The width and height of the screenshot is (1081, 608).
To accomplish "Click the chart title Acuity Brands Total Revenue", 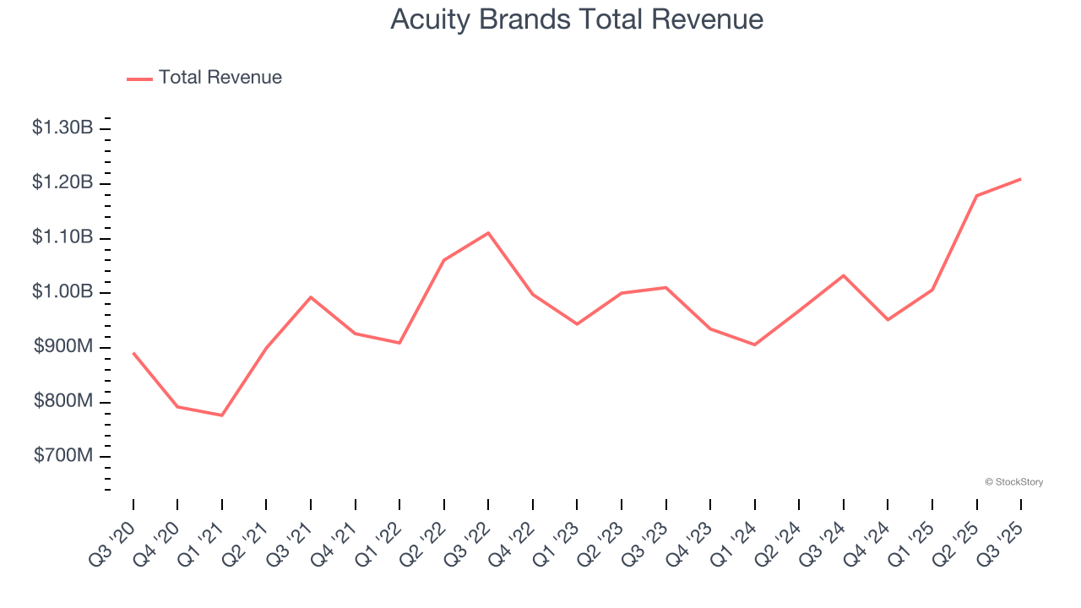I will [577, 19].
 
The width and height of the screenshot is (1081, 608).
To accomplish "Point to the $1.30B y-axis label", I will [62, 128].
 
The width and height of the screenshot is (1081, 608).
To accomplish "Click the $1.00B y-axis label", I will [62, 292].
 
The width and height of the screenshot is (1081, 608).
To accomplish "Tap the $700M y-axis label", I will [63, 456].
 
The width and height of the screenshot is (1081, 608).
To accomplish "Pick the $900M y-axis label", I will [63, 347].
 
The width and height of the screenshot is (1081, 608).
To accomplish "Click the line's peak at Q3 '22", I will [488, 233].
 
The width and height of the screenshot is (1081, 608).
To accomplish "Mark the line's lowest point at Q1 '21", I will [222, 415].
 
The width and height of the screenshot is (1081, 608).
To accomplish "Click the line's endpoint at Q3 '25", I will [1021, 179].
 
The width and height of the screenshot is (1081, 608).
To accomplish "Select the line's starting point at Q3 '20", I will [133, 353].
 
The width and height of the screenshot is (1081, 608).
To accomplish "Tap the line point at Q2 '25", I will [976, 196].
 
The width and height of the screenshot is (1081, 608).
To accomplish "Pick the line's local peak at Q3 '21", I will [311, 297].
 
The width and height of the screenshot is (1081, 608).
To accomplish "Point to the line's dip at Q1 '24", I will [754, 345].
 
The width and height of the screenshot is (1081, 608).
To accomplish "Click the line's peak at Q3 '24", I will [843, 275].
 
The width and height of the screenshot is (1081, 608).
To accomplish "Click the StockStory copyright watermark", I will [1013, 482].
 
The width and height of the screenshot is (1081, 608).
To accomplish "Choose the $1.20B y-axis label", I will [62, 183].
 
